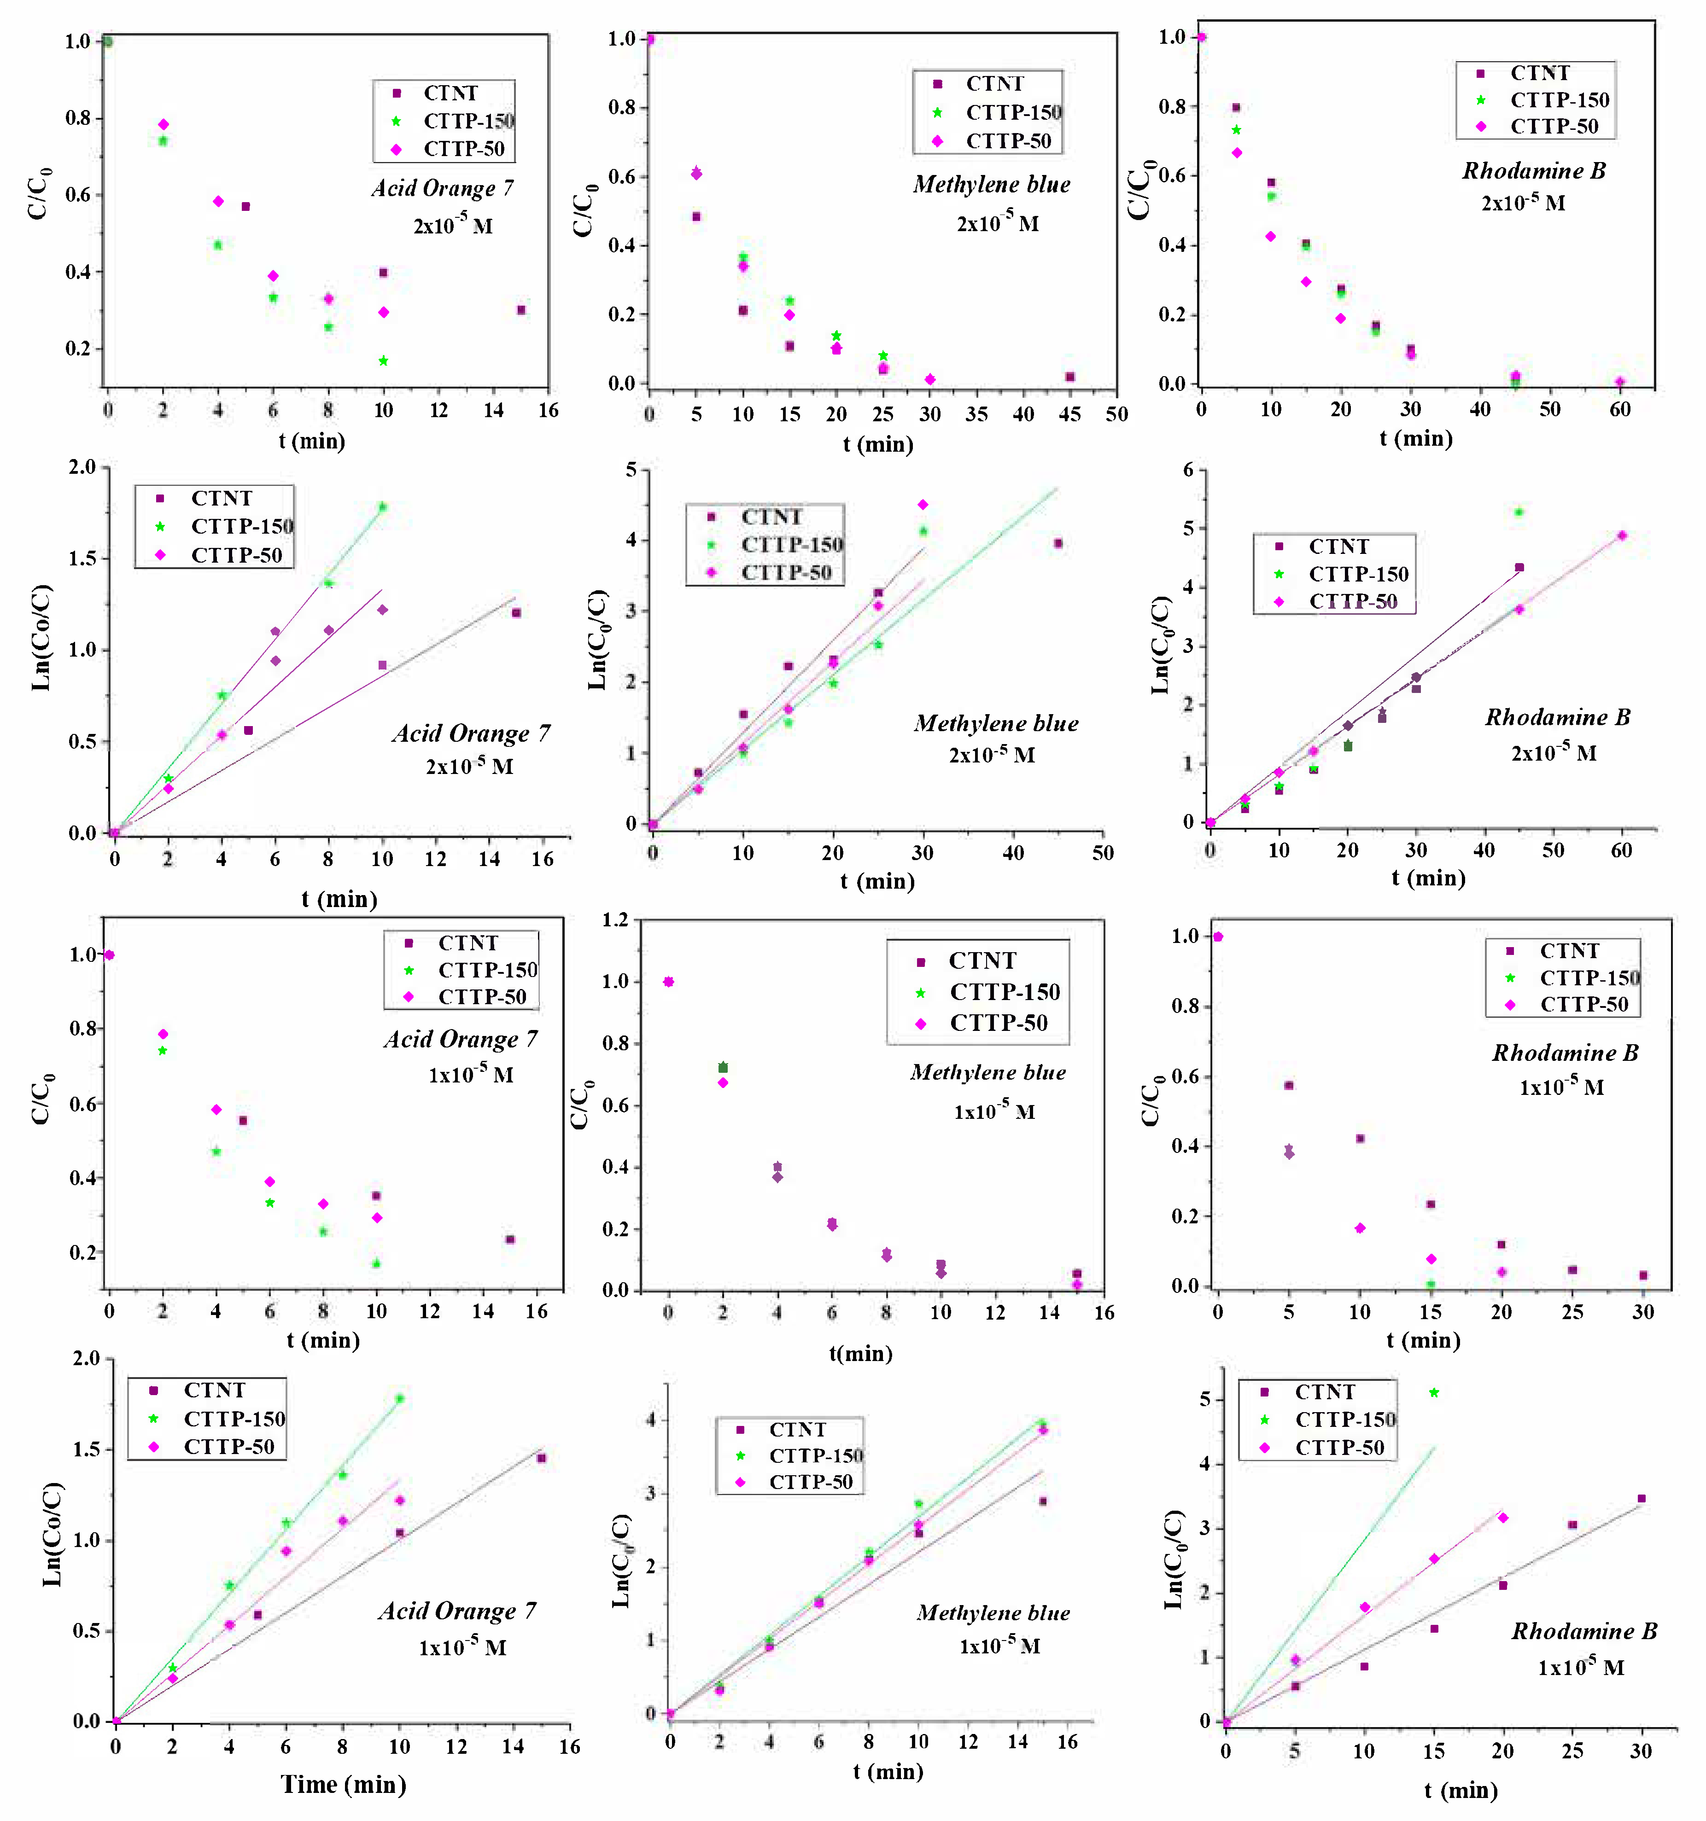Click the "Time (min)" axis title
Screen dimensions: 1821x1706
[344, 1783]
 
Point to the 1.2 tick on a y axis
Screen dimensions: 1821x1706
[615, 919]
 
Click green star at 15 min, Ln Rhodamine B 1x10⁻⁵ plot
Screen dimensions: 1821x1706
[1434, 1392]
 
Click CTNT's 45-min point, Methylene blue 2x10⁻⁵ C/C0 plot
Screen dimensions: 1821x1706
[1069, 377]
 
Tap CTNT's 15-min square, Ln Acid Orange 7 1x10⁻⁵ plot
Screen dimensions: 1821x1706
[542, 1458]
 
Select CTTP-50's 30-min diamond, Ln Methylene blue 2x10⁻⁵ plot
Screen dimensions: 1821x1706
[923, 505]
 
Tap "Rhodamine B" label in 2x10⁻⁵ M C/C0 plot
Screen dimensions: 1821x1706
[1533, 170]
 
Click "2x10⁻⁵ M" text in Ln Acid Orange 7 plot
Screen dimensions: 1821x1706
[469, 766]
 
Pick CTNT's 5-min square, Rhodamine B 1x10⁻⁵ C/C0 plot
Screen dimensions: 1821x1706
[1288, 1085]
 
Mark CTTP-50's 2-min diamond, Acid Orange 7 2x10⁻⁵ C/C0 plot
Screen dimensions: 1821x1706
[163, 125]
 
